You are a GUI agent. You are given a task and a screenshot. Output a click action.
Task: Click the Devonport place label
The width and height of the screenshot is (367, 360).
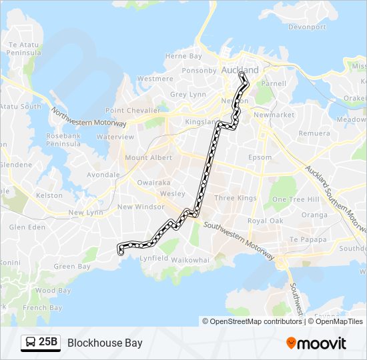[x=307, y=27]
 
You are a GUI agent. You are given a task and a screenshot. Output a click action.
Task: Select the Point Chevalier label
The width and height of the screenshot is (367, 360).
[x=132, y=110]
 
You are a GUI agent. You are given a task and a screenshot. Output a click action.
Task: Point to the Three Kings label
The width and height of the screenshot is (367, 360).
[x=235, y=198]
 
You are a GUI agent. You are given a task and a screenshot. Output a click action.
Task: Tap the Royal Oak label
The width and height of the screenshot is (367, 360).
[x=266, y=221]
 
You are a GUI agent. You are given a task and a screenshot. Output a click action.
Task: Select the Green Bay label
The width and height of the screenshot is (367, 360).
[x=71, y=267]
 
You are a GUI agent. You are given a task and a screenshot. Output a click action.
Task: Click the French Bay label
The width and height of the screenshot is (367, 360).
[x=42, y=308]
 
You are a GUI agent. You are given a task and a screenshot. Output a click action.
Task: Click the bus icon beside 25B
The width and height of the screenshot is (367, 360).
[x=30, y=343]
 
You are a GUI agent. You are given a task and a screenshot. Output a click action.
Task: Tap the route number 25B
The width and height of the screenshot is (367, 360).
[x=48, y=343]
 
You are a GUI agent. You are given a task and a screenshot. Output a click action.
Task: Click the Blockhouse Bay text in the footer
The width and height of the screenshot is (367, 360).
[x=105, y=343]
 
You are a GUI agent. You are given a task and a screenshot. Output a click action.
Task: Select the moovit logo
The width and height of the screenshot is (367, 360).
[x=316, y=343]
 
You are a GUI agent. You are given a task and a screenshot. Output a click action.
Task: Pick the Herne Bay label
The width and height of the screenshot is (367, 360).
[x=183, y=57]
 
